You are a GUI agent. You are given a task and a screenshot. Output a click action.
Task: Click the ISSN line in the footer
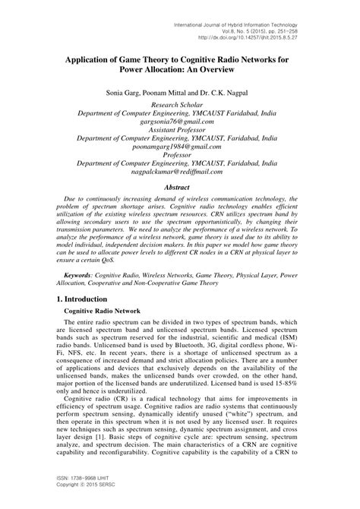(62, 492)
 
